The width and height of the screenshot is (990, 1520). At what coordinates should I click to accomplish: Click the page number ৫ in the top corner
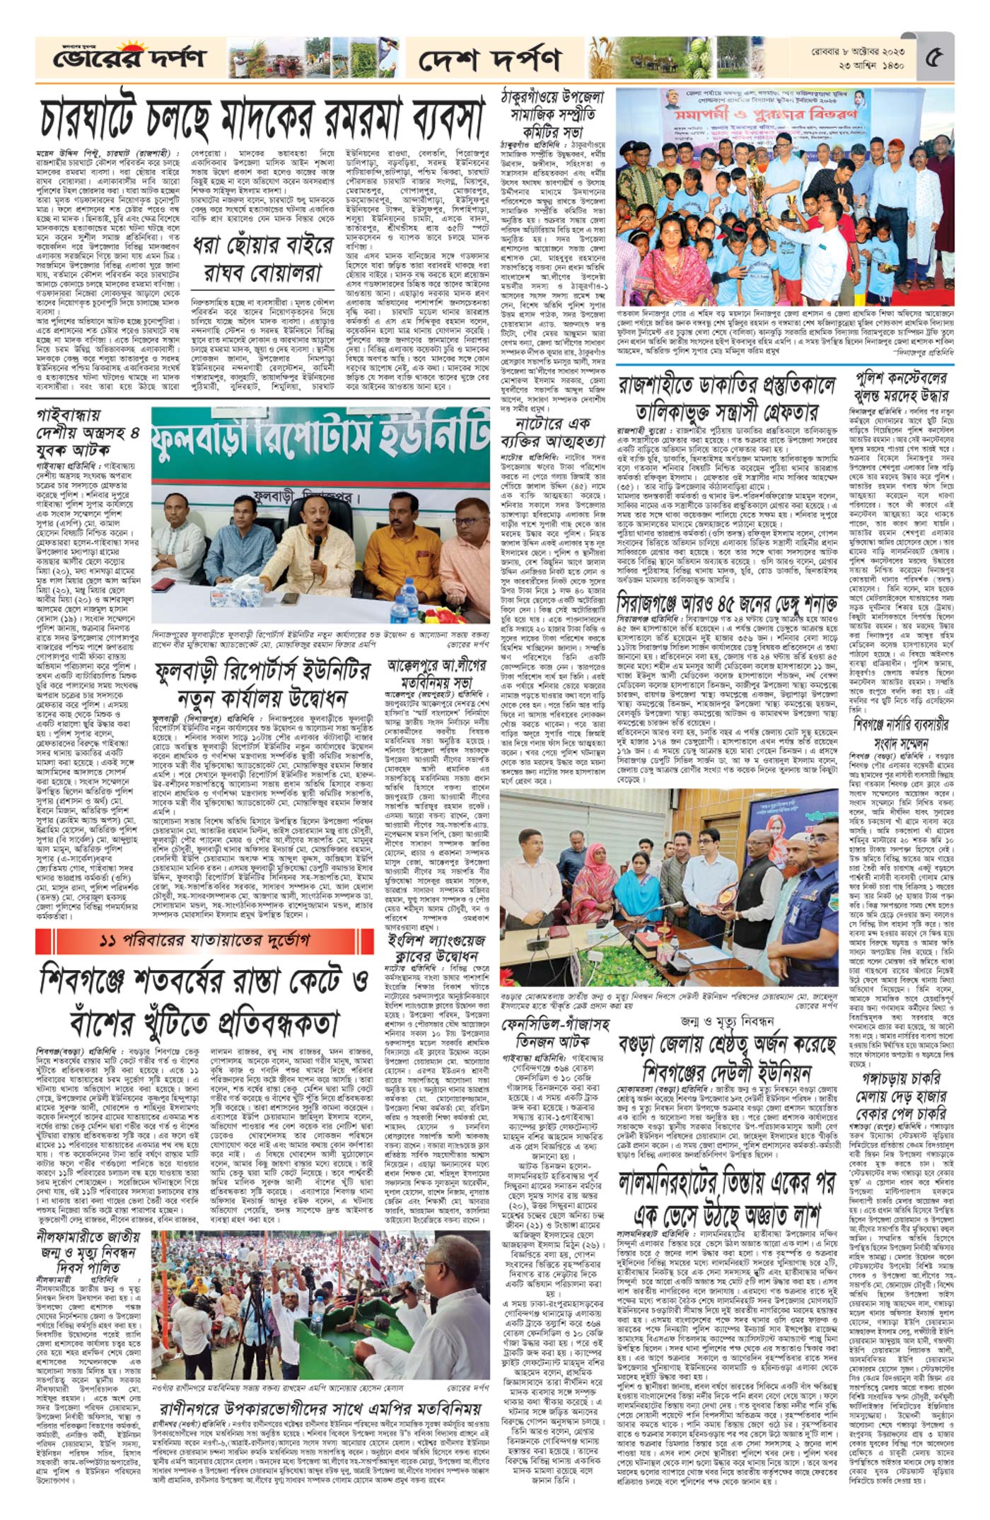coord(938,56)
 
